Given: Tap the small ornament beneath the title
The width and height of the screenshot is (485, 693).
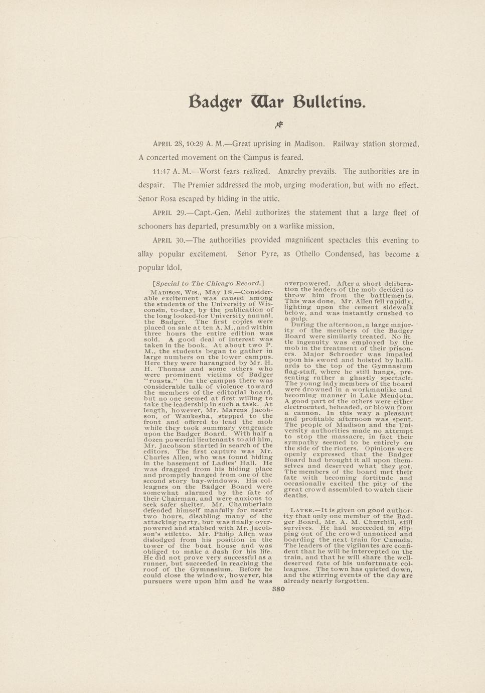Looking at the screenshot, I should tap(279, 125).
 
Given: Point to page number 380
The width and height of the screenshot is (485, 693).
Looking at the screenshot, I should tap(278, 589).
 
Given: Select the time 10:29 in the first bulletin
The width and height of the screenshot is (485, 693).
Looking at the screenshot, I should tap(194, 144).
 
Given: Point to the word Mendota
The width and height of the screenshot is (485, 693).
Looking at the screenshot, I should tap(396, 395).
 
